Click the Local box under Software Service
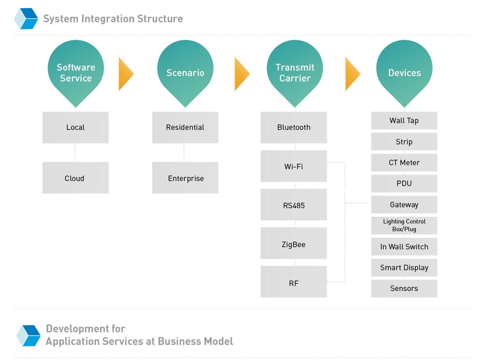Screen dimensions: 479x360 point(75,127)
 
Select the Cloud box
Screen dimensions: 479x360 point(75,178)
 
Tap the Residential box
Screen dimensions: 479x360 point(185,127)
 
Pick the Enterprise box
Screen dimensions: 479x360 point(185,178)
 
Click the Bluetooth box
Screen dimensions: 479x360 point(294,127)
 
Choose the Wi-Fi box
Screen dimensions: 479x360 point(294,166)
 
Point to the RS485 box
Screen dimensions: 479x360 point(294,205)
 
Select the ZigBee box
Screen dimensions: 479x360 point(294,243)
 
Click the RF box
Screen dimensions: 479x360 point(294,282)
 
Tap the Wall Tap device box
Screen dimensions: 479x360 point(404,121)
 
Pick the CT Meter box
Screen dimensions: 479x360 point(404,162)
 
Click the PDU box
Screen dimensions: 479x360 point(404,183)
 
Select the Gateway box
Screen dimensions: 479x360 point(404,205)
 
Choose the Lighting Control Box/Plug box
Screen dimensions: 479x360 point(404,226)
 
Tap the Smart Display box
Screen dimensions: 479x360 point(404,267)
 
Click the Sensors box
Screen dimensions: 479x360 point(404,289)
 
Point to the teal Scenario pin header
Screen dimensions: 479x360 point(185,72)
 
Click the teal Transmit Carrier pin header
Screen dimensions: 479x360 point(295,72)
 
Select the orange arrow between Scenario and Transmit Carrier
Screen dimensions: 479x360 point(242,74)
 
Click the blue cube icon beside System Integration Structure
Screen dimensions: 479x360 point(26,19)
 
